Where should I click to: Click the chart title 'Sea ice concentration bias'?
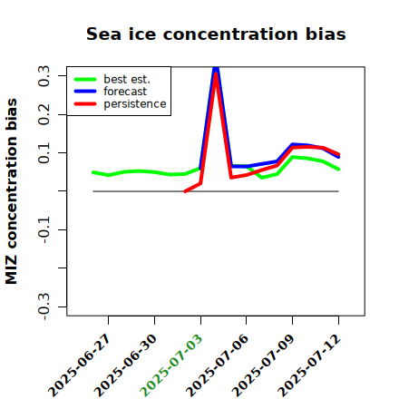coord(216,34)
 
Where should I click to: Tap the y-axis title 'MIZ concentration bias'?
coord(11,191)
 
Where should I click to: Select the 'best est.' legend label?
coord(127,79)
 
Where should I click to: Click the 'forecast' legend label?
coord(125,92)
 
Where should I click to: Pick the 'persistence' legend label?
coord(135,104)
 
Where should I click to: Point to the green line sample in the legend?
coord(85,79)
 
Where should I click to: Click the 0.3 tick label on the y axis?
coord(44,76)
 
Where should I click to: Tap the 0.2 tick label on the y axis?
coord(44,114)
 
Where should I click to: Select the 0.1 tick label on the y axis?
coord(44,153)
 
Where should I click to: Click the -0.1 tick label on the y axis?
coord(44,230)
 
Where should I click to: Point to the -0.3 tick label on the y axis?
coord(44,307)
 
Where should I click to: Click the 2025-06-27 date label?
coord(79,365)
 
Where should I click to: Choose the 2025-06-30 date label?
coord(125,365)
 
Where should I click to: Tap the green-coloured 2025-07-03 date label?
coord(171,365)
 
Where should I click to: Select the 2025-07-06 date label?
coord(217,365)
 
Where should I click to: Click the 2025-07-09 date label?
coord(263,365)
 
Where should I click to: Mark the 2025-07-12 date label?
coord(309,365)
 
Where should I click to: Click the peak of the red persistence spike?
coord(216,73)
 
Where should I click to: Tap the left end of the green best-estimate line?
coord(93,172)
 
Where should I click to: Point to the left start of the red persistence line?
coord(185,191)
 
